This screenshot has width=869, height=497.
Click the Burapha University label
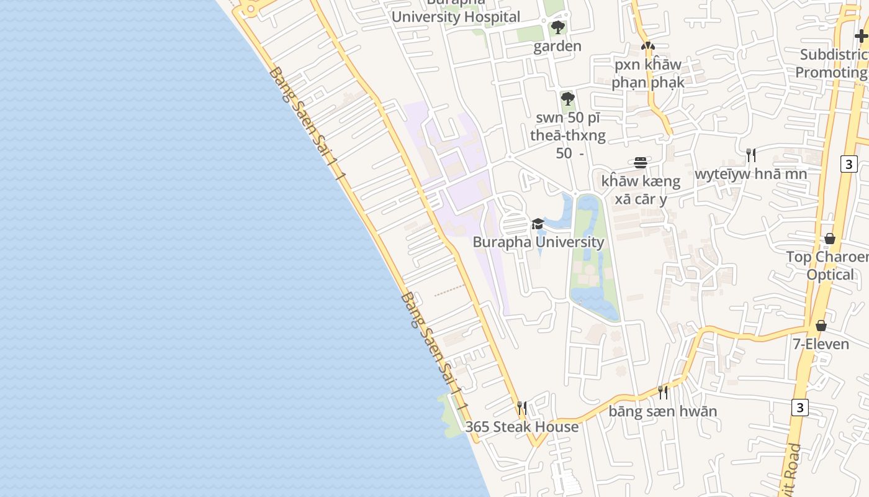click(x=538, y=242)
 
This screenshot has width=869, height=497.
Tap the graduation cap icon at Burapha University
click(x=538, y=224)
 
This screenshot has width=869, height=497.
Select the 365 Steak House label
click(x=522, y=427)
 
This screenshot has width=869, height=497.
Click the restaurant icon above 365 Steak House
click(x=522, y=408)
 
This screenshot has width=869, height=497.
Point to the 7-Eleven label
click(x=821, y=344)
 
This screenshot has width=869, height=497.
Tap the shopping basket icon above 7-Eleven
click(x=821, y=326)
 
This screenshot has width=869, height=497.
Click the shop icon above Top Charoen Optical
click(x=830, y=239)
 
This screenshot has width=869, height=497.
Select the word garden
click(x=557, y=46)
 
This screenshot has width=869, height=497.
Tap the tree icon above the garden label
click(x=557, y=27)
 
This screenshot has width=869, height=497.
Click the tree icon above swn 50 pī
click(x=567, y=99)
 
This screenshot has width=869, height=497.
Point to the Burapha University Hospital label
click(x=456, y=16)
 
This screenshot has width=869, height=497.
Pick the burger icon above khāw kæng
click(x=641, y=163)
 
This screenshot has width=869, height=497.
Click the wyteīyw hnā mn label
click(x=751, y=174)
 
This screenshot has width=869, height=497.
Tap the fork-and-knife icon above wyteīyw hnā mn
click(x=751, y=155)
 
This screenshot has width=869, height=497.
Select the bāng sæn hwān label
click(x=663, y=411)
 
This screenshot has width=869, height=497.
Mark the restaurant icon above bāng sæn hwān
click(x=663, y=392)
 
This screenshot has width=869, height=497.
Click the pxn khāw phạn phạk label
click(x=648, y=73)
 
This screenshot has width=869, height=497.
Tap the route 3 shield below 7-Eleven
click(x=800, y=408)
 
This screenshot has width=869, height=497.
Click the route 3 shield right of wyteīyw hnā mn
click(x=849, y=164)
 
